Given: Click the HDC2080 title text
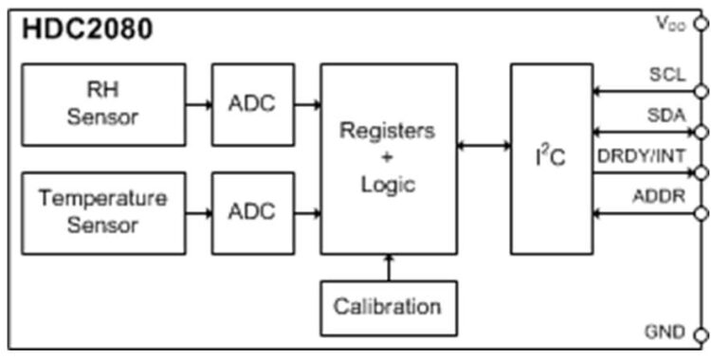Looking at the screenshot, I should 86,29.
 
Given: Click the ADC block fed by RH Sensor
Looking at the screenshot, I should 251,104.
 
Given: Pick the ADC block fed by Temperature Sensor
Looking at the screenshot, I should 251,212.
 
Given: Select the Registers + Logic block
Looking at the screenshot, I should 388,158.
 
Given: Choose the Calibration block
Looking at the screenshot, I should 388,307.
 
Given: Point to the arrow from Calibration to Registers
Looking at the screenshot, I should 388,267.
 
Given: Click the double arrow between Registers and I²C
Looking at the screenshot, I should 483,146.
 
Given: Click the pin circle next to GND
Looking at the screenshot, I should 701,334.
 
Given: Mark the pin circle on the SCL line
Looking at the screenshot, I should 701,91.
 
